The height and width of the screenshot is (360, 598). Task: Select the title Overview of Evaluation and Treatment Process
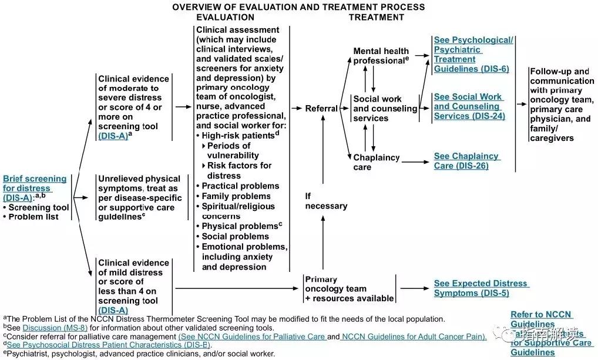coord(298,7)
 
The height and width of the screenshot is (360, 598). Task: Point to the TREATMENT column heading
coord(376,17)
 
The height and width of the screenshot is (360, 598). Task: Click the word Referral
coord(321,109)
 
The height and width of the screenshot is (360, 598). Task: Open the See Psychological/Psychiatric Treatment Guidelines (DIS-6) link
coord(473,55)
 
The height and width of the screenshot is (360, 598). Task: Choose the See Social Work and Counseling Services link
coord(468,106)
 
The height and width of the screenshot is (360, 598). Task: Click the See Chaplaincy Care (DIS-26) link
coord(466,161)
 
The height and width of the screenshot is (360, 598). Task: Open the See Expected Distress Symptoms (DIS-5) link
coord(481,288)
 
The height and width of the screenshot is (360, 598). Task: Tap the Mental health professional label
coord(381,56)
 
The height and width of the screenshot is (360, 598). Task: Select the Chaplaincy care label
coord(376,162)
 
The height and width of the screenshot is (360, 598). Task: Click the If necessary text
coord(326,201)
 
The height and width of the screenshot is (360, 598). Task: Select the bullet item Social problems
coord(235,236)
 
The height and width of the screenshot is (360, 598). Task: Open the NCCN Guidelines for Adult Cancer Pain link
coord(414,337)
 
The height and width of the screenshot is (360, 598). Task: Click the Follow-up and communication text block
coord(561,105)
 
